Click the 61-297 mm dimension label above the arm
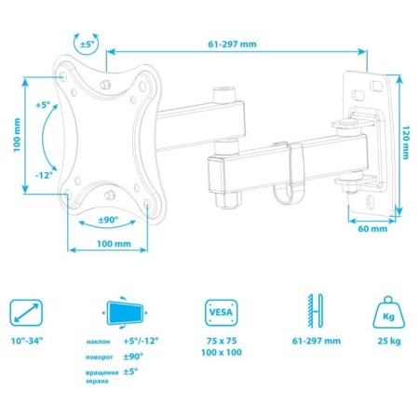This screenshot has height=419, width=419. (x=232, y=44)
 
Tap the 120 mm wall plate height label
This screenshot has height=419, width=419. (x=406, y=142)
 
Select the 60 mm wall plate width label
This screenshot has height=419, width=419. (x=372, y=229)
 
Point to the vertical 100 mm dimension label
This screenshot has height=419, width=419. (x=17, y=135)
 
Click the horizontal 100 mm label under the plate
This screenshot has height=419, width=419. (x=114, y=244)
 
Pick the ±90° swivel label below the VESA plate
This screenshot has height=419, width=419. (x=108, y=220)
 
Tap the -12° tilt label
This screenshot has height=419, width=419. (x=44, y=175)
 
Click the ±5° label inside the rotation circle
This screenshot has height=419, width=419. (x=87, y=45)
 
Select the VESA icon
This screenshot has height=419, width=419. (x=222, y=313)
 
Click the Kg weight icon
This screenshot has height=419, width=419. (x=389, y=313)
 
